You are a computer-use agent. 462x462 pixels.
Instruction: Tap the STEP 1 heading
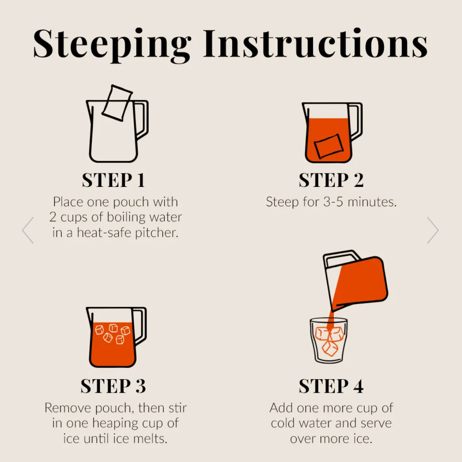tap(113, 180)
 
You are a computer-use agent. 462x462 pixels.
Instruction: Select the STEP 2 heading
tap(331, 180)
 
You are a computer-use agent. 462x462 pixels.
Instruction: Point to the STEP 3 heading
tap(113, 386)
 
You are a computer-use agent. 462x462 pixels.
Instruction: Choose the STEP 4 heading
tap(331, 386)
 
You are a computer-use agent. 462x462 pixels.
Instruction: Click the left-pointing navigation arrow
tap(28, 231)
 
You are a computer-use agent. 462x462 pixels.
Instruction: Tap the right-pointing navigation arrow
tap(433, 231)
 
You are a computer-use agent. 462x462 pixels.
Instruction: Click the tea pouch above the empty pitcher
tap(117, 103)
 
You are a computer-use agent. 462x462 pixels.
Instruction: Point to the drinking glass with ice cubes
tap(329, 340)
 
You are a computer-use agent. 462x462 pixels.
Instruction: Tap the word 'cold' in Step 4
tap(283, 423)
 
